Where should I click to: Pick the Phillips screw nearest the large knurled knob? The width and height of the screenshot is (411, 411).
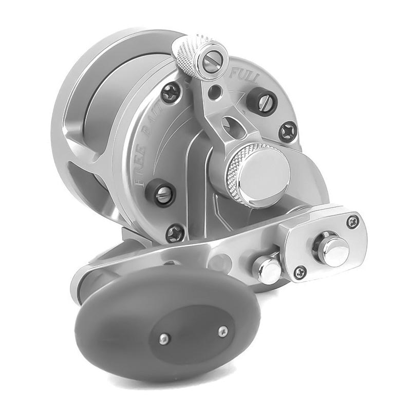tap(288, 130)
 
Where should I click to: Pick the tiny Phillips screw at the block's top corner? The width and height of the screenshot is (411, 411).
tap(353, 221)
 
